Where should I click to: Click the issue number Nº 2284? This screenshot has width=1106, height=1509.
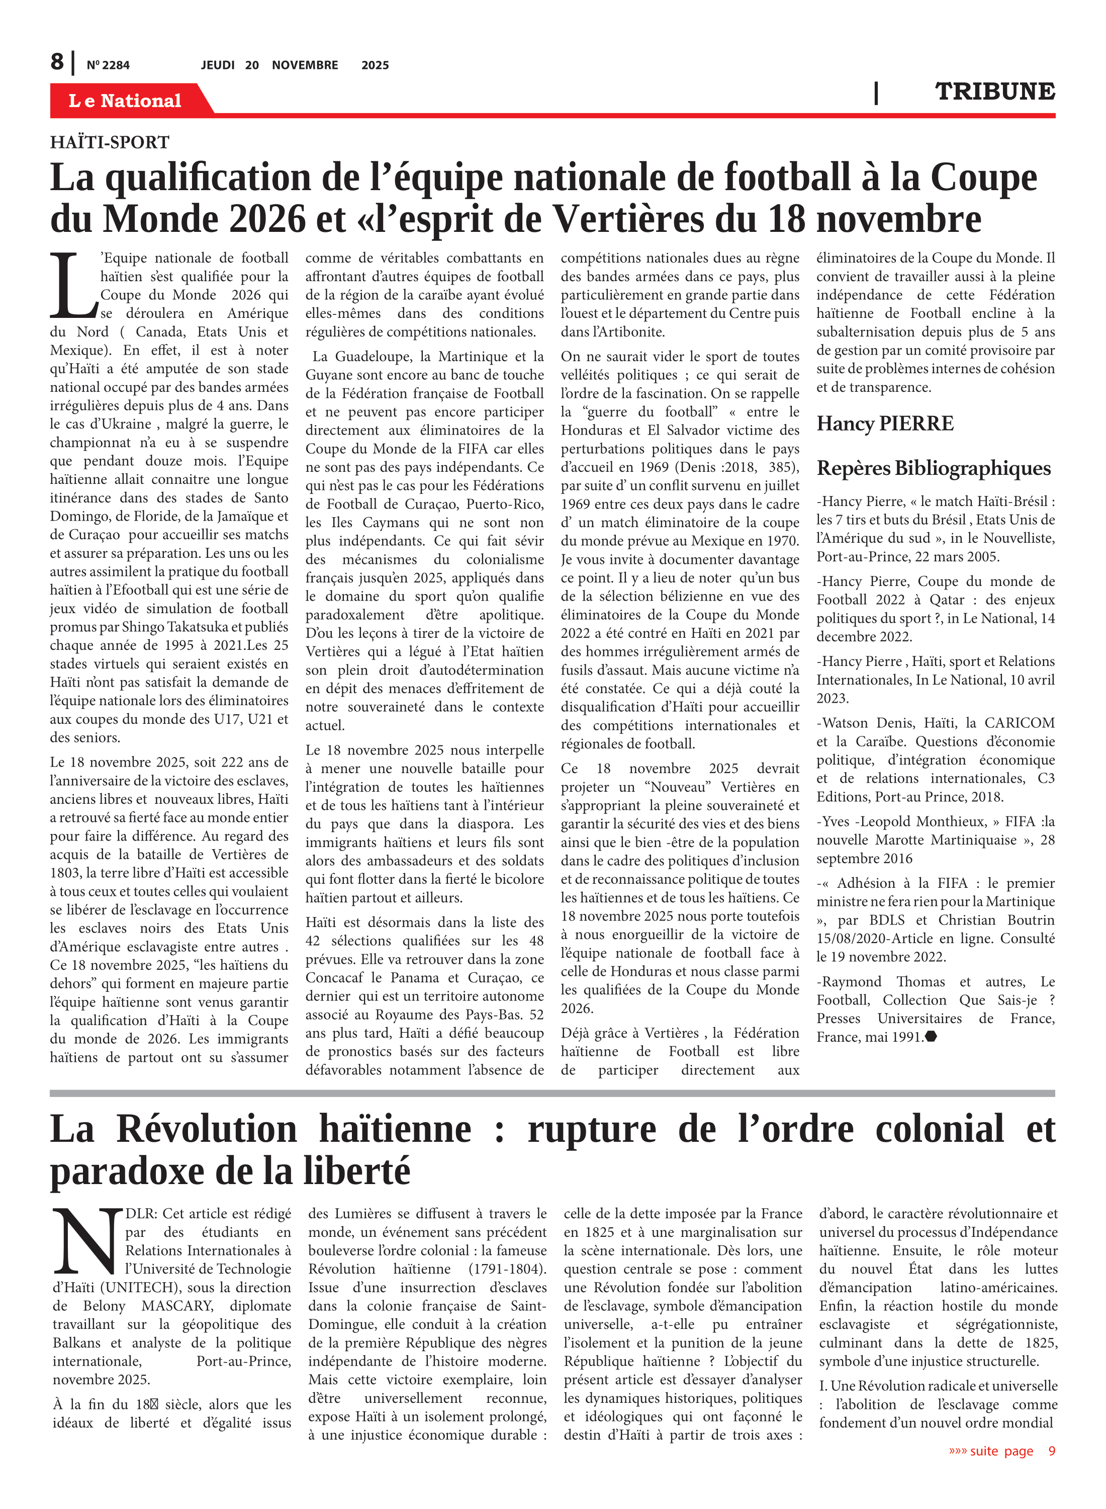click(x=108, y=65)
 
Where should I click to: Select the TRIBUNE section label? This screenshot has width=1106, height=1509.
click(x=994, y=92)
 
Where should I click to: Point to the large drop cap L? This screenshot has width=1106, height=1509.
click(x=73, y=286)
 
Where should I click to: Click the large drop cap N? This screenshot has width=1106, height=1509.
click(x=87, y=1240)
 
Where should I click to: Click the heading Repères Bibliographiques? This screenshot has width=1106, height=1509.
click(x=933, y=467)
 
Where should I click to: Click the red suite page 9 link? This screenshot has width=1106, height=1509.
click(x=1001, y=1451)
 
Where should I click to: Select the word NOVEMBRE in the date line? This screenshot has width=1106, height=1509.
click(x=305, y=65)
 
